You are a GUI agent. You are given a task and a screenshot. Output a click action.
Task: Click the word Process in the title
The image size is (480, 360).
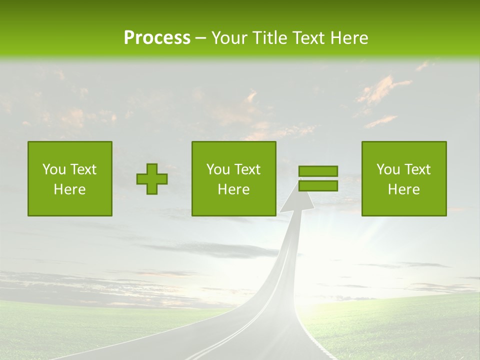(x=157, y=38)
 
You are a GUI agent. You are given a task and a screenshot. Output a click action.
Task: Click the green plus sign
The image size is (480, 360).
(x=152, y=179)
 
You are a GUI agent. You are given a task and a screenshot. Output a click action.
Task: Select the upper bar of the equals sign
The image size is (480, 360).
(x=318, y=171)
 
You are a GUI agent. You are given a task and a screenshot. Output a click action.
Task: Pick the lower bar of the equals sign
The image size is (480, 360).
(x=318, y=186)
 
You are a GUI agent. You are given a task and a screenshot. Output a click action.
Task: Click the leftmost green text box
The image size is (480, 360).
(x=70, y=178)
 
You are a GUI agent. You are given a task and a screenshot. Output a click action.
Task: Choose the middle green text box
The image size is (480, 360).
(x=234, y=178)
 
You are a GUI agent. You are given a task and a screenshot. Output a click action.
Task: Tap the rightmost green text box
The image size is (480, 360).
(x=404, y=178)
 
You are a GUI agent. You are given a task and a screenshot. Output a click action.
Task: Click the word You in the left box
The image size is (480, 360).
(x=53, y=169)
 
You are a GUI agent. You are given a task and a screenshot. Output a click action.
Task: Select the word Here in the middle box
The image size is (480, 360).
(x=234, y=189)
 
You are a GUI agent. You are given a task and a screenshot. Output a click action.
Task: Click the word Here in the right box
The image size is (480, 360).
(x=404, y=189)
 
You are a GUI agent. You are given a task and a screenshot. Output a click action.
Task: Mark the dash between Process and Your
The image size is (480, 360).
(x=200, y=38)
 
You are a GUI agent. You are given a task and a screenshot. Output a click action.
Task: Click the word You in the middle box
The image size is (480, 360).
(x=217, y=169)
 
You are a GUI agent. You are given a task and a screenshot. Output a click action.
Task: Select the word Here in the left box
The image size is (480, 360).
(x=70, y=189)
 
